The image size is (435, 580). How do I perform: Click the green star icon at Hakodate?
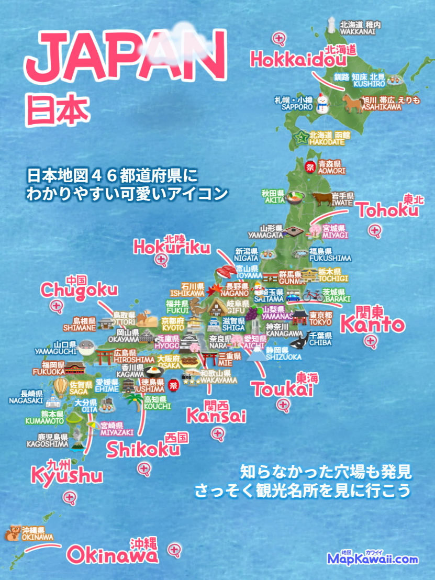pyautogui.click(x=301, y=138)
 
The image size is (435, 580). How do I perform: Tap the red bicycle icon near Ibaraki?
pyautogui.click(x=313, y=295)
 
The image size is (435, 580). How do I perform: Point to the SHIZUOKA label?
pyautogui.click(x=283, y=357)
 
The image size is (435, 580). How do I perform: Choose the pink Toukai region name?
pyautogui.click(x=282, y=389)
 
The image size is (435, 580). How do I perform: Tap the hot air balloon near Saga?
pyautogui.click(x=61, y=388)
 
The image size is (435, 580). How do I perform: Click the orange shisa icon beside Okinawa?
pyautogui.click(x=12, y=533)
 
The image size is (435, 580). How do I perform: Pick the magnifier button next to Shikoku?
pyautogui.click(x=142, y=469)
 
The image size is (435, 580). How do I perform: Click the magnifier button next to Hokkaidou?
pyautogui.click(x=279, y=38)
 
